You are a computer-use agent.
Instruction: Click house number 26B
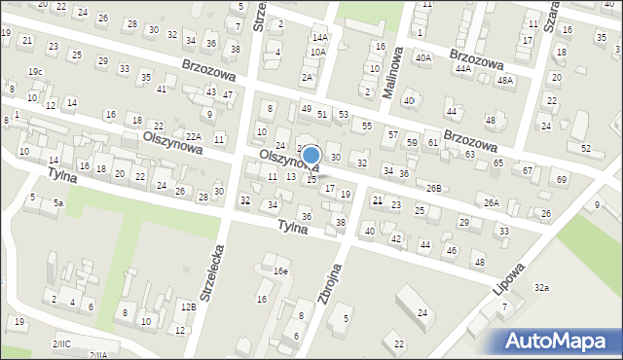tap(433, 188)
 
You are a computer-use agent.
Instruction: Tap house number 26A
tap(492, 202)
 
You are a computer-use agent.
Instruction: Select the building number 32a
tap(541, 288)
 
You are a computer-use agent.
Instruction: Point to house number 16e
tap(280, 270)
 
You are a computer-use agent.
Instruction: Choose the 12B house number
tap(188, 307)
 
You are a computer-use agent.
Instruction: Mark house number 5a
tap(58, 202)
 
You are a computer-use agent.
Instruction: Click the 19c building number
tap(35, 71)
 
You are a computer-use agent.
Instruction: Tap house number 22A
tap(194, 136)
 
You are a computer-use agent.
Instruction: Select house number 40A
tap(422, 58)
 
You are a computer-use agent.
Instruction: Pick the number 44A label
tap(462, 69)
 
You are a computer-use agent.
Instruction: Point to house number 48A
tap(504, 80)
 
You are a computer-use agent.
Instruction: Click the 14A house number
tap(319, 37)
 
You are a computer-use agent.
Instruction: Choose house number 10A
tap(317, 52)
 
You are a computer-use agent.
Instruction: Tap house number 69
tap(561, 180)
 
